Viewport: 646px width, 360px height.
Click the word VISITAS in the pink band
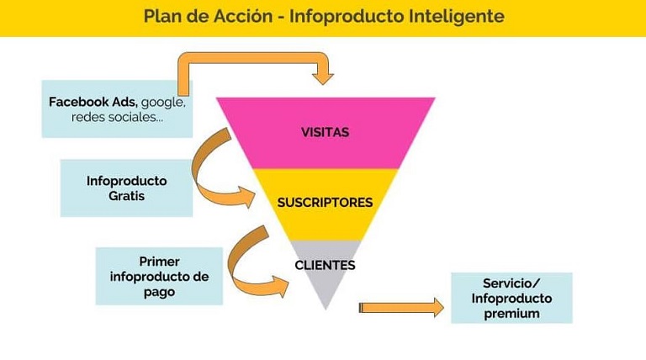click(x=325, y=132)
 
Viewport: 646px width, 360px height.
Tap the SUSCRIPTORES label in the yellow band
click(x=325, y=203)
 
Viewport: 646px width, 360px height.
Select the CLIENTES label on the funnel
click(x=325, y=265)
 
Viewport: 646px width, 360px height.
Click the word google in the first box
click(x=163, y=102)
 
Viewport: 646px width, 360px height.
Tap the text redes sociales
click(x=117, y=117)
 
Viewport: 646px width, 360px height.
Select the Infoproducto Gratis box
click(x=126, y=188)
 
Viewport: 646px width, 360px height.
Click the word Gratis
click(x=126, y=195)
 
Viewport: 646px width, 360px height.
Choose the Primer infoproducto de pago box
click(x=159, y=276)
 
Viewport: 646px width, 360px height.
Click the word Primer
click(x=159, y=261)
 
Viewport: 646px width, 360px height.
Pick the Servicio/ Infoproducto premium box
click(x=511, y=298)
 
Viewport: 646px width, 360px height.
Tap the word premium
click(x=511, y=314)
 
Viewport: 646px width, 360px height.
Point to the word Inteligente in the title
click(x=458, y=16)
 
